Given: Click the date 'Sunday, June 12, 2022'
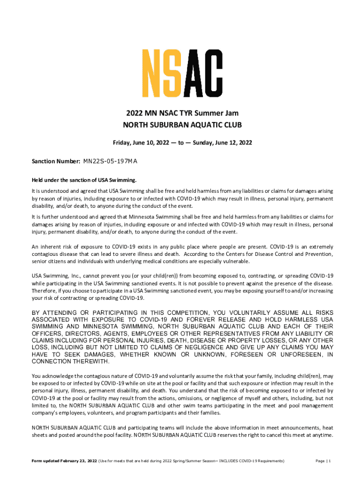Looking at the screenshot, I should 222,143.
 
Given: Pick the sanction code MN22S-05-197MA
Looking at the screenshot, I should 110,162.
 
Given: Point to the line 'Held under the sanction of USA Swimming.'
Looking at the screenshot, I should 84,180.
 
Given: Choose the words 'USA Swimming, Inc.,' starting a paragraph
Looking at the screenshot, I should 57,276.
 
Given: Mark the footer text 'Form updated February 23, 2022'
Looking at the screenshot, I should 64,461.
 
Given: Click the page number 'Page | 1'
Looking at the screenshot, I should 323,461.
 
